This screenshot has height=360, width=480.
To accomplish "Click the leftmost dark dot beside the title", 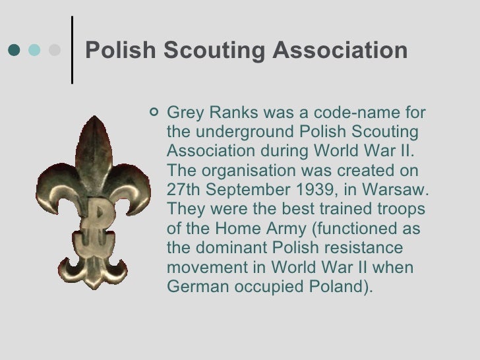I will pos(15,50).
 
